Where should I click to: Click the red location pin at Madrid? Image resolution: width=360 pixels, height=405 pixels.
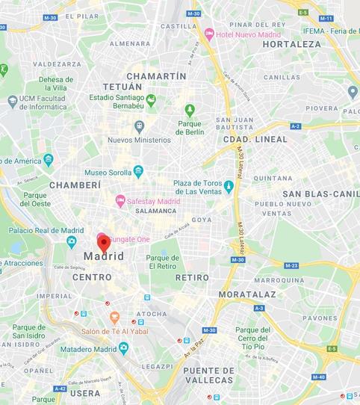coord(103,241)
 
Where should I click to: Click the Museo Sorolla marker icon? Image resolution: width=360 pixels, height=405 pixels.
coord(138,171)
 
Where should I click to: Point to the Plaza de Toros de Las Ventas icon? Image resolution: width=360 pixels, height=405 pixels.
coord(229,186)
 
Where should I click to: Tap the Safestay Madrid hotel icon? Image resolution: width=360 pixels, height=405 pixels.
coord(120,200)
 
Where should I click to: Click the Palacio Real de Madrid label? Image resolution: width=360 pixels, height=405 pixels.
coord(46,230)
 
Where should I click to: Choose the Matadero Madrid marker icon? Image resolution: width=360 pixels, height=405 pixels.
coord(124,347)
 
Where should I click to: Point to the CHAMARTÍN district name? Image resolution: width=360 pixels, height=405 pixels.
coord(156,76)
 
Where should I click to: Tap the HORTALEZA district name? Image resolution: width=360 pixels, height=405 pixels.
coord(291,44)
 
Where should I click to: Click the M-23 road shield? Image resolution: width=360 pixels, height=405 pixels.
coord(291,265)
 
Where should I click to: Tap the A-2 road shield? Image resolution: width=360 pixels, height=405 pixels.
coord(295,126)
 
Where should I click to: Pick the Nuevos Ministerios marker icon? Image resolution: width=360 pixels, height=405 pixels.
coord(139,126)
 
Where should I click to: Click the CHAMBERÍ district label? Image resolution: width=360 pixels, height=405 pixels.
coord(75,185)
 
